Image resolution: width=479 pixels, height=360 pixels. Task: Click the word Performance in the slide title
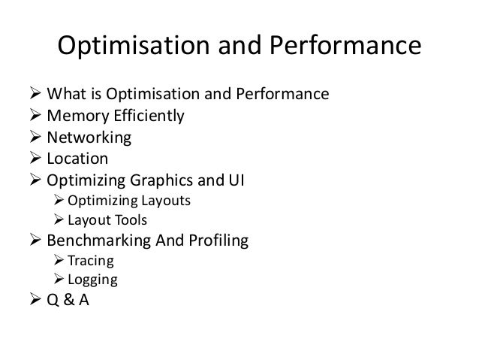(339, 47)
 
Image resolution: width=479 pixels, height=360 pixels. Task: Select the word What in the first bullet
(64, 95)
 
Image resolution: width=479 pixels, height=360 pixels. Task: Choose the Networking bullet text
(89, 138)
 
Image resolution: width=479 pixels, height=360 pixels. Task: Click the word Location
(77, 159)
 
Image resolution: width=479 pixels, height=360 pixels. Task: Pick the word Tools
(130, 220)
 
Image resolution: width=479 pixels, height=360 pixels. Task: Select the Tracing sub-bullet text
(91, 262)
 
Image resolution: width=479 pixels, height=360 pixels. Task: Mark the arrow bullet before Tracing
(60, 262)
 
